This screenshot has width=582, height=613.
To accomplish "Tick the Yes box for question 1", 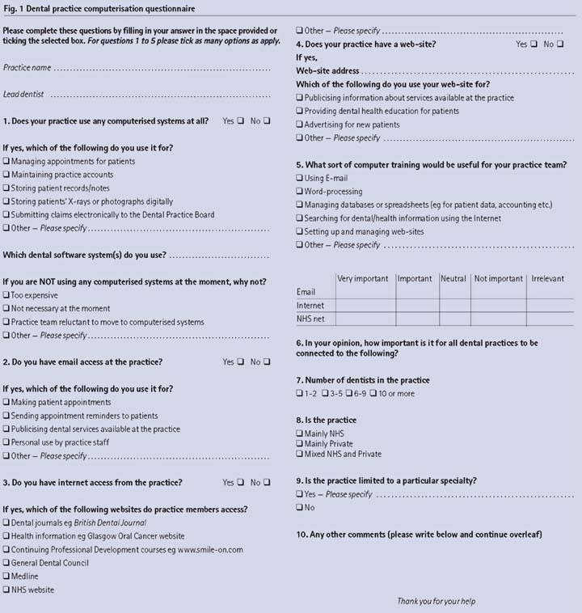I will (239, 121).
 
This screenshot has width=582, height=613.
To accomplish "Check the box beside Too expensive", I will (6, 296).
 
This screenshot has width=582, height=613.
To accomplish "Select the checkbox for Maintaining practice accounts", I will (6, 175).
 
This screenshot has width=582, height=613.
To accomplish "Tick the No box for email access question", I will (266, 362).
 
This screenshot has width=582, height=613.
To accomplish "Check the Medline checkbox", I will (6, 577).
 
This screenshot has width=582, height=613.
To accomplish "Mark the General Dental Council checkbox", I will (6, 563).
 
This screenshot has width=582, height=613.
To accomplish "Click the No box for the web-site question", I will (559, 44).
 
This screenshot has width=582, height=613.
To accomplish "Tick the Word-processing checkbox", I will (300, 192).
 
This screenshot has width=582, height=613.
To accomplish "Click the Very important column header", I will (363, 279).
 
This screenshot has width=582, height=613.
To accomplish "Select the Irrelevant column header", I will (547, 279).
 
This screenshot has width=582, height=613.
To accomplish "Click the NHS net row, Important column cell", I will (415, 319).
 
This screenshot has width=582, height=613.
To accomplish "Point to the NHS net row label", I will (310, 319).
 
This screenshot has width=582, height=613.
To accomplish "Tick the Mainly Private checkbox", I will (300, 444).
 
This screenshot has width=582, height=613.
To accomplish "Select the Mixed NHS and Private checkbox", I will (300, 454).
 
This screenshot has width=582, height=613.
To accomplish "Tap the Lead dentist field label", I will (23, 95).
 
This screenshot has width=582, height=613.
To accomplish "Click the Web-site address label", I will (327, 71).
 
